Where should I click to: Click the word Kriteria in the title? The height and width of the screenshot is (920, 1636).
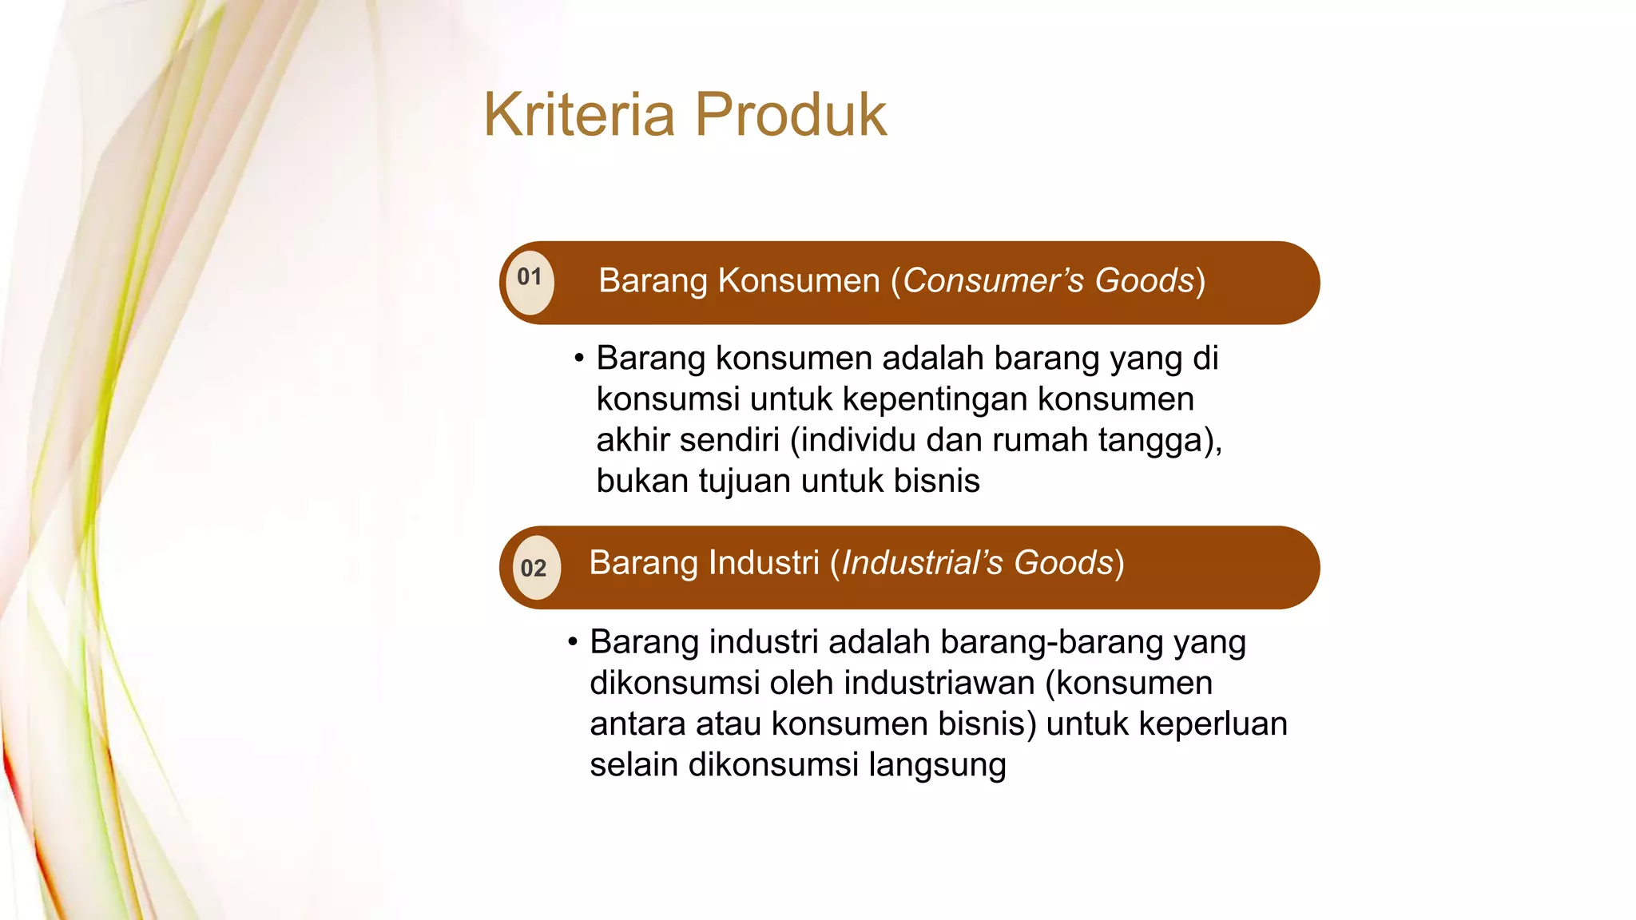point(579,115)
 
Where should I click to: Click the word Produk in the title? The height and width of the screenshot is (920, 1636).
point(790,115)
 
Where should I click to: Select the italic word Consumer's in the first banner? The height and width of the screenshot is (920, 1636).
point(993,281)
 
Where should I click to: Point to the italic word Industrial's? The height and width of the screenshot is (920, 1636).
point(922,563)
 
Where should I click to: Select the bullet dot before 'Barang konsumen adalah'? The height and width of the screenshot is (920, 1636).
point(579,358)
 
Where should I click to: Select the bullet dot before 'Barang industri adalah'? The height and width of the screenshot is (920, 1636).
point(573,641)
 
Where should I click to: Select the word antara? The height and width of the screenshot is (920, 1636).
point(637,724)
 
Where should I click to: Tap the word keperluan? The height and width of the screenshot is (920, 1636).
point(1213,724)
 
